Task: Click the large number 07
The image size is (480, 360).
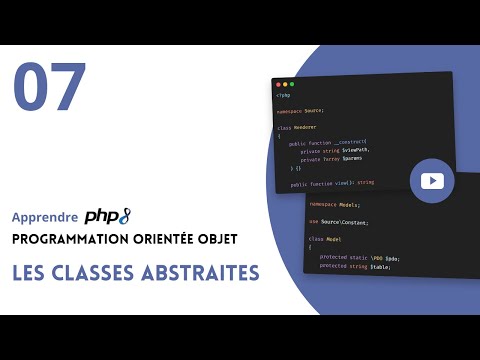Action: click(x=50, y=88)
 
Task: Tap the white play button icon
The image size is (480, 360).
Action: click(x=432, y=181)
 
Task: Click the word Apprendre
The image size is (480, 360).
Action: click(x=44, y=217)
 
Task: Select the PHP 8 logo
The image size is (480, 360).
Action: click(x=108, y=215)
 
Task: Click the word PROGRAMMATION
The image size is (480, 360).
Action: click(x=68, y=240)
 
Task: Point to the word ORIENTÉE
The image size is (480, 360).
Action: click(x=162, y=240)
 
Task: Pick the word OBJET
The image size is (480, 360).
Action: click(x=218, y=240)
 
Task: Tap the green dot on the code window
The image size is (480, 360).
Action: click(x=292, y=83)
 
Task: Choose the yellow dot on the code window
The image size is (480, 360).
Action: click(x=285, y=83)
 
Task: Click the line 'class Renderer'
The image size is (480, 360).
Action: click(x=297, y=127)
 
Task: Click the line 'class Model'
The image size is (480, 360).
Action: click(x=324, y=239)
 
